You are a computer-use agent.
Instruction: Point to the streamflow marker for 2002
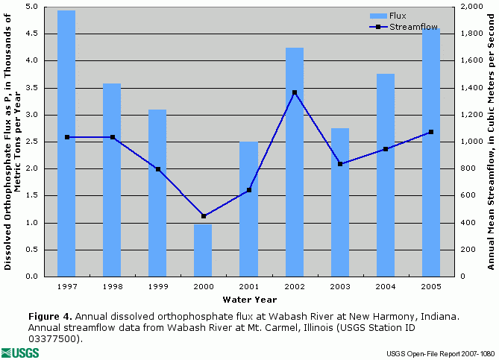point(295,92)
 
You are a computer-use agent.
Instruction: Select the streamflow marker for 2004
point(386,149)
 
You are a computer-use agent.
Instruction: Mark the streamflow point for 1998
point(112,137)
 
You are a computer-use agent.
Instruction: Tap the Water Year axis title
point(248,300)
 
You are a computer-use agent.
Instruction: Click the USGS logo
point(16,352)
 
